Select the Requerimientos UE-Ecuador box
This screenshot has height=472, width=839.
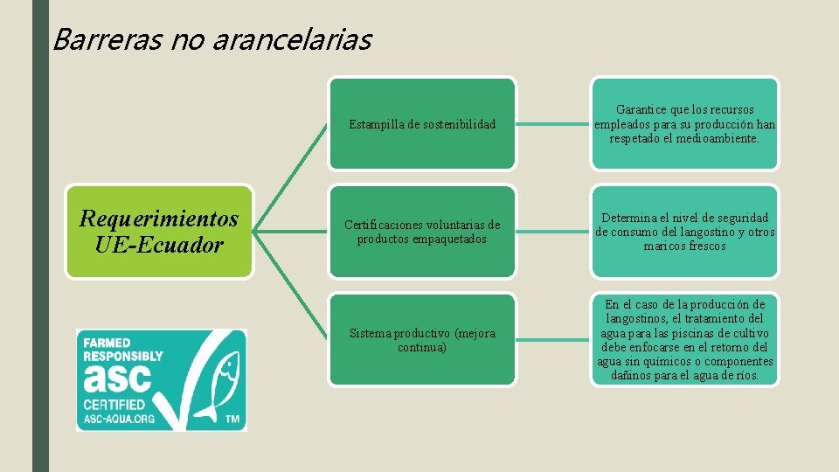pyautogui.click(x=159, y=232)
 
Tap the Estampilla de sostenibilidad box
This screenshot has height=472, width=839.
pyautogui.click(x=422, y=124)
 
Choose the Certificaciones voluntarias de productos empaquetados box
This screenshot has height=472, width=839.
pyautogui.click(x=422, y=232)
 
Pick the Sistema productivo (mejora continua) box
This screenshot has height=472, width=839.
pyautogui.click(x=422, y=340)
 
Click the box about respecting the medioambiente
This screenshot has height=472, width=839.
pyautogui.click(x=684, y=124)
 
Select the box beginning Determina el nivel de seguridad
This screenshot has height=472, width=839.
pyautogui.click(x=684, y=232)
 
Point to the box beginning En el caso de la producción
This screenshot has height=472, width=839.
pyautogui.click(x=684, y=340)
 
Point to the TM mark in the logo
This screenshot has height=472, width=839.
pyautogui.click(x=232, y=420)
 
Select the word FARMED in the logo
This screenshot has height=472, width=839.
pyautogui.click(x=107, y=342)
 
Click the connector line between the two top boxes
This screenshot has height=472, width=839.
pyautogui.click(x=553, y=124)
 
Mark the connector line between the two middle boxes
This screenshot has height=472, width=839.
pyautogui.click(x=553, y=232)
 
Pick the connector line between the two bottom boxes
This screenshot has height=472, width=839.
pyautogui.click(x=553, y=340)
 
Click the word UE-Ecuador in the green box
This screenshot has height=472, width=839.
pyautogui.click(x=159, y=245)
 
